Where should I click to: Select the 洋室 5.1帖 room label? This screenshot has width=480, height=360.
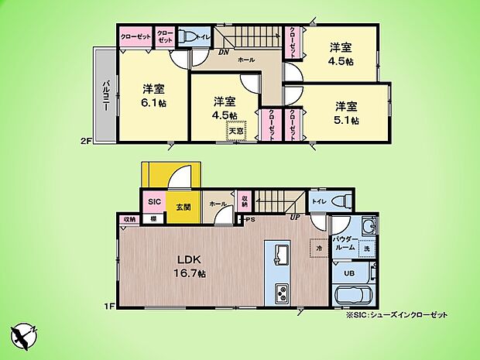click(346, 113)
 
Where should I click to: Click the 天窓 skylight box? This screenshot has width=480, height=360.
click(235, 131)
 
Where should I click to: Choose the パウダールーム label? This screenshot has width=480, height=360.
click(346, 244)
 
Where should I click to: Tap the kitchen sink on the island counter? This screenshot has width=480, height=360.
click(279, 254)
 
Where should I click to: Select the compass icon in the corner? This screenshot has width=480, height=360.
click(25, 334)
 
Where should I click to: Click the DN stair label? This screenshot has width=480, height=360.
click(224, 53)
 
